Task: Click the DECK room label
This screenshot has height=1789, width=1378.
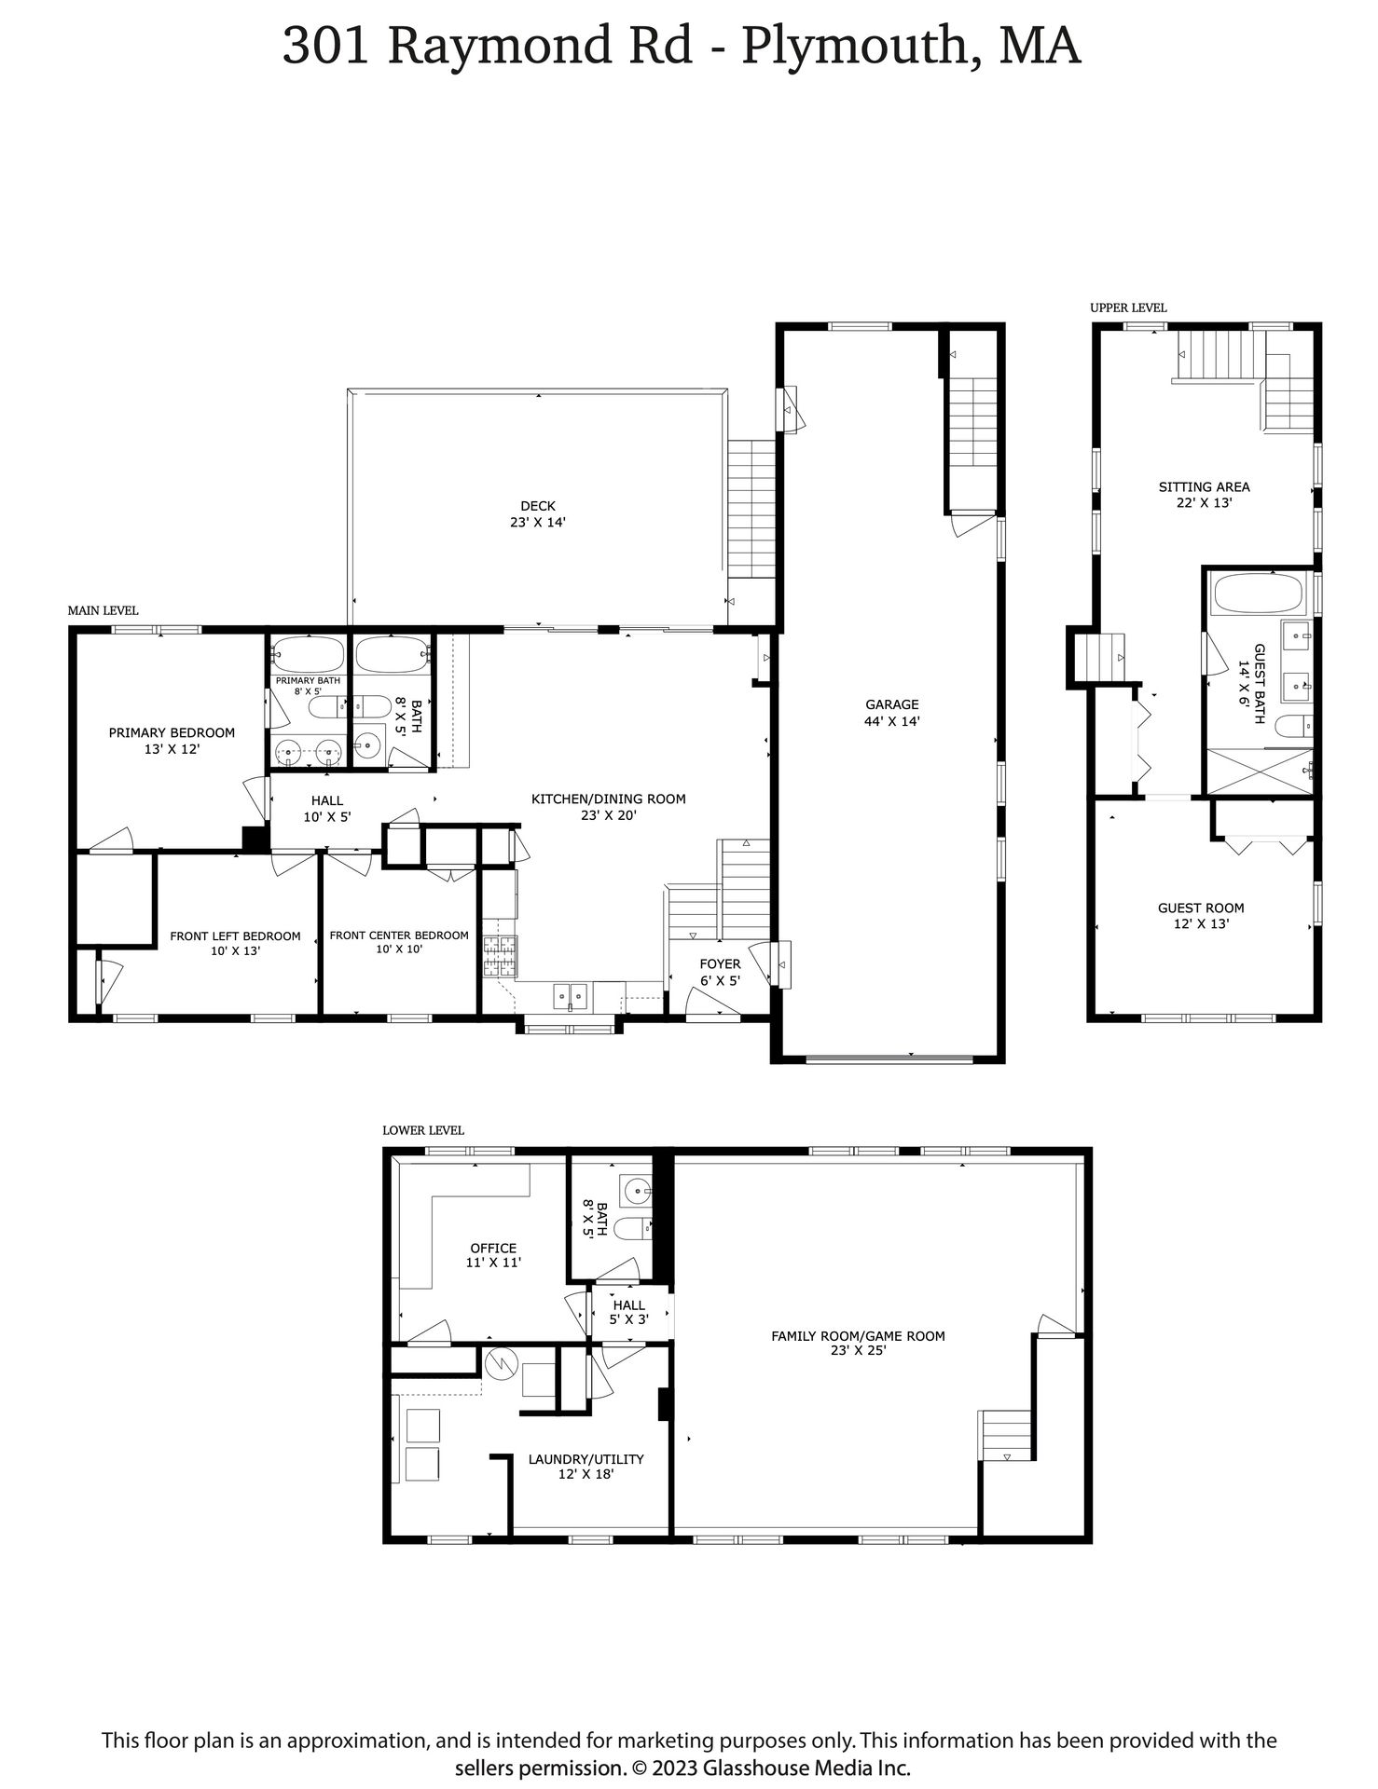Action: (x=538, y=506)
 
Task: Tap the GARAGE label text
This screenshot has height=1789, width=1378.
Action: (x=892, y=704)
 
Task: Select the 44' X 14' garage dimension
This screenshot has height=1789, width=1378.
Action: (x=892, y=721)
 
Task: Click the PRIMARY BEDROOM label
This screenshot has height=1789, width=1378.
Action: (x=172, y=732)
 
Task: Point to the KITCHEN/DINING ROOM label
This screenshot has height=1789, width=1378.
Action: (x=609, y=799)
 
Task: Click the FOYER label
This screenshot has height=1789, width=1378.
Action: (x=720, y=963)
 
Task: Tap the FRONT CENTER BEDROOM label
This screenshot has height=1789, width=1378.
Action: (x=399, y=935)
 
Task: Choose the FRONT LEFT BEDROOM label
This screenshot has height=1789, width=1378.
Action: (x=235, y=936)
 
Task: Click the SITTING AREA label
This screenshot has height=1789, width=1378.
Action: (x=1205, y=486)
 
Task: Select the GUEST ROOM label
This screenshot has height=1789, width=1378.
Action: (x=1201, y=908)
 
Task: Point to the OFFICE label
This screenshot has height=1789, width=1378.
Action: (x=493, y=1248)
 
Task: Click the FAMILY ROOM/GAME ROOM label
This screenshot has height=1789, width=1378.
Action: (x=858, y=1335)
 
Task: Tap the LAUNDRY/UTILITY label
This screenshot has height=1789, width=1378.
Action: (x=586, y=1459)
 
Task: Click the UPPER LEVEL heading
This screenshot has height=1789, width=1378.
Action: (x=1128, y=307)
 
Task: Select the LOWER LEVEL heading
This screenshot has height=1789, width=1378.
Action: (x=423, y=1130)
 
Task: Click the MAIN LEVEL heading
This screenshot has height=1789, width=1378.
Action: (x=103, y=610)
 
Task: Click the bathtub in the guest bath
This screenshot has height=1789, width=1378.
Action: (x=1256, y=594)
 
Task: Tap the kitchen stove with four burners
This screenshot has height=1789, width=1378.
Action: (x=500, y=955)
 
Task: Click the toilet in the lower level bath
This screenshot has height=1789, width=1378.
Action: (x=637, y=1229)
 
